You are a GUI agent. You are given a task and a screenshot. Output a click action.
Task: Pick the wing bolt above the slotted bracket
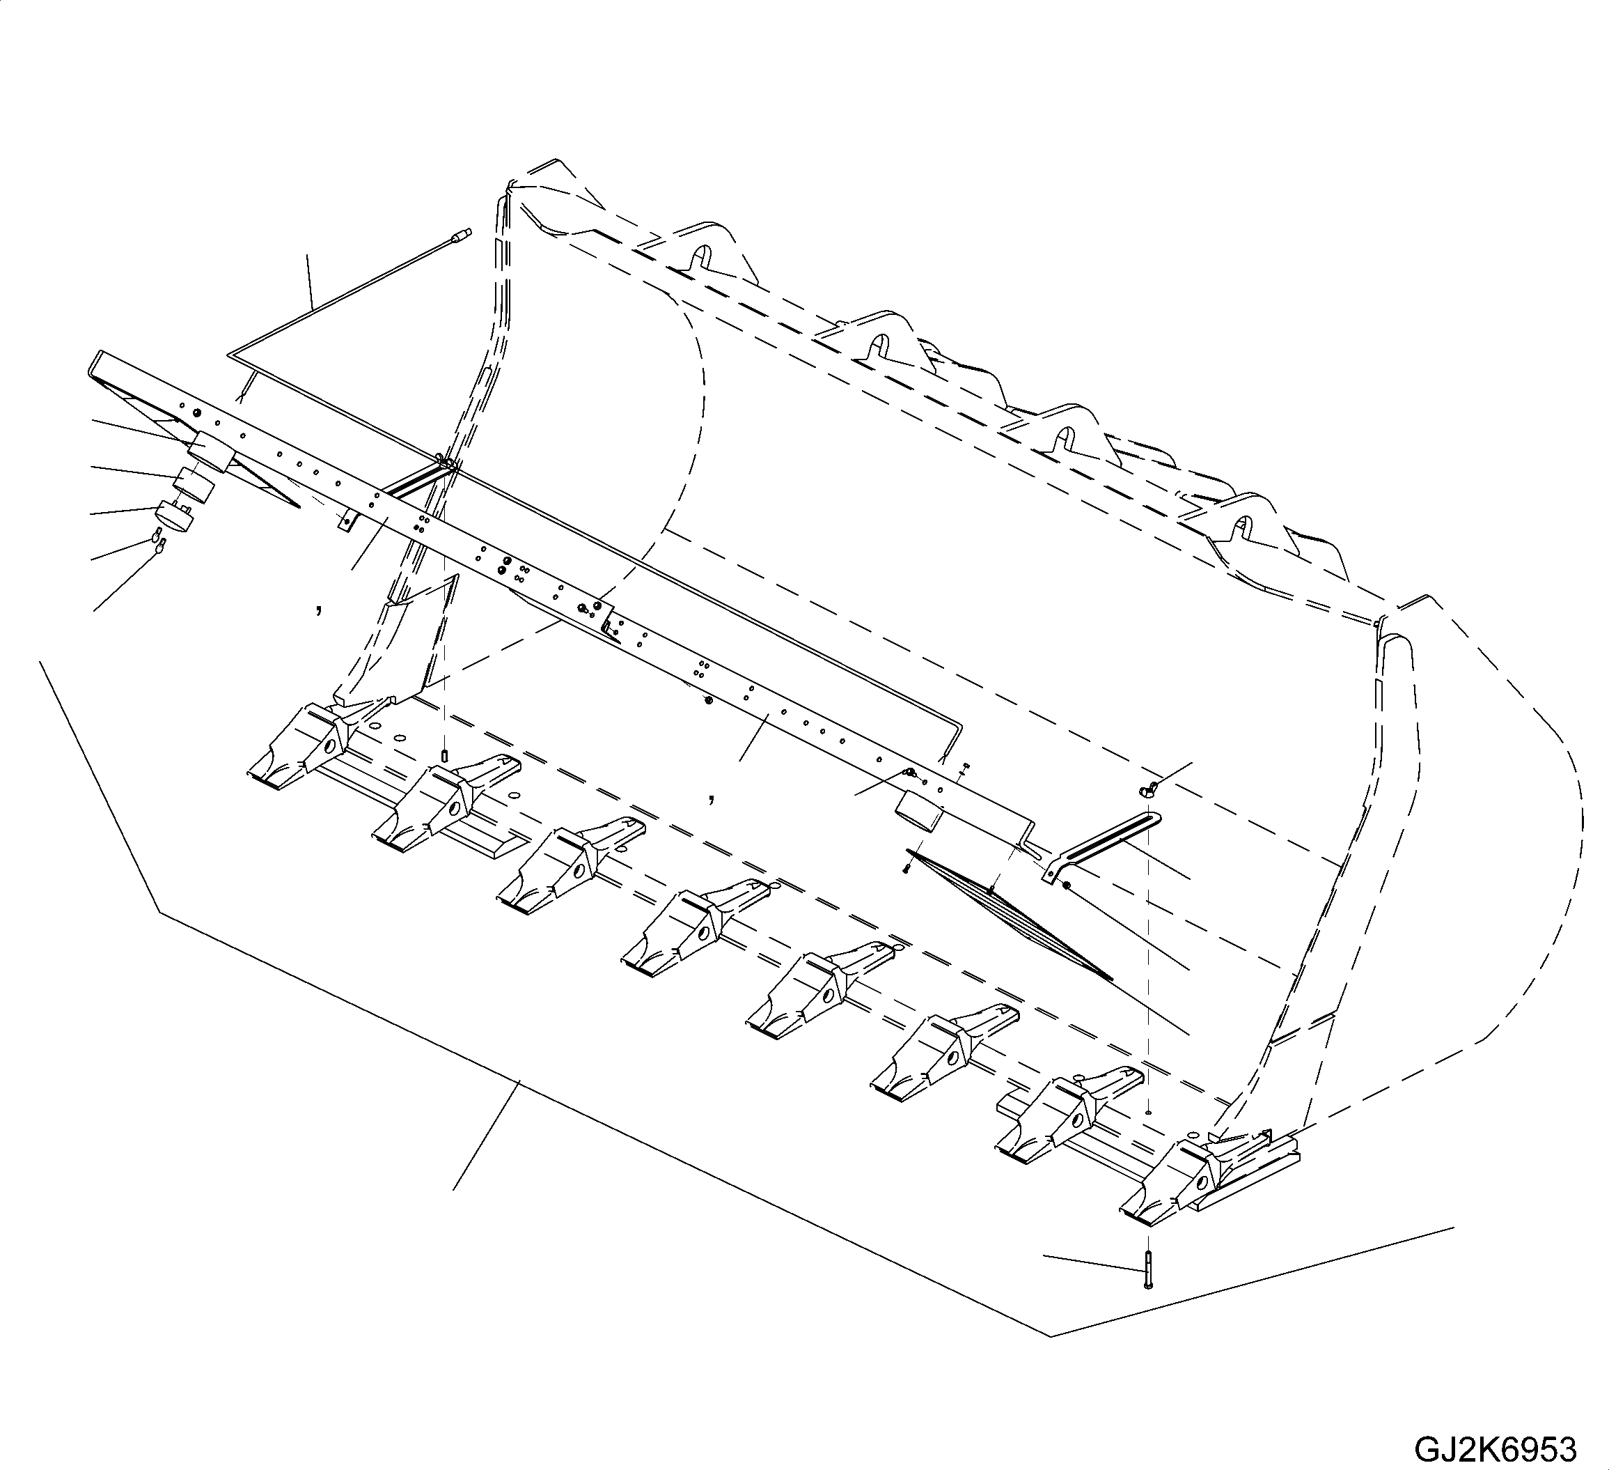pos(1147,791)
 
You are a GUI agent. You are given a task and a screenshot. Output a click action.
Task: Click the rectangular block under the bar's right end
pos(918,813)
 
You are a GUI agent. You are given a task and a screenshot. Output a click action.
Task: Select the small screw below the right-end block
pos(906,867)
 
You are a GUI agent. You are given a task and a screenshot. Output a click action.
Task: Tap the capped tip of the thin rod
pos(462,234)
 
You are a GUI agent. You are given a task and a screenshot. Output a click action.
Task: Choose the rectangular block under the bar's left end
pos(211,452)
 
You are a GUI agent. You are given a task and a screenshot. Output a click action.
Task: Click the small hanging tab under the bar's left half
pos(345,520)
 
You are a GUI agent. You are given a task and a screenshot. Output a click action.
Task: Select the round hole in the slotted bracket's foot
pos(1065,885)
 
